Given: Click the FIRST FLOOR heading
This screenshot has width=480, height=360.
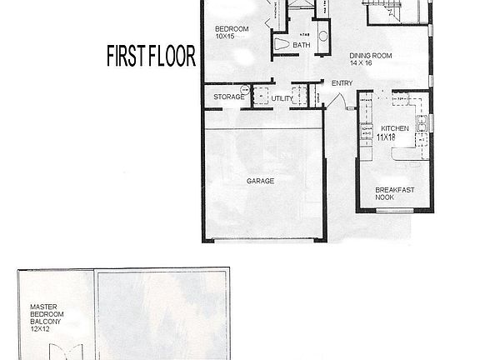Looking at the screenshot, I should tap(151, 56).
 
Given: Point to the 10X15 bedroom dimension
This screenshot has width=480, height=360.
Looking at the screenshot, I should tap(226, 37).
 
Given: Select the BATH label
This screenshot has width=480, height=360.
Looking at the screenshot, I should tap(302, 45).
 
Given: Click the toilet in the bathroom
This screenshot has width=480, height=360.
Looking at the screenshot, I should tap(281, 43).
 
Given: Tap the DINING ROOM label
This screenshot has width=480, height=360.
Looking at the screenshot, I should tap(370, 55).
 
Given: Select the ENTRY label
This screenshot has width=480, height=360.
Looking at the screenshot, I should tap(342, 83).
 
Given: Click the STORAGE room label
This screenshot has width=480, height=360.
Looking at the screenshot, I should tap(228, 97).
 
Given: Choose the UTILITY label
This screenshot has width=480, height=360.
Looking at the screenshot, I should tap(282, 98).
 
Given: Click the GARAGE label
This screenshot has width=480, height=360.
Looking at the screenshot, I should tap(260, 180).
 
